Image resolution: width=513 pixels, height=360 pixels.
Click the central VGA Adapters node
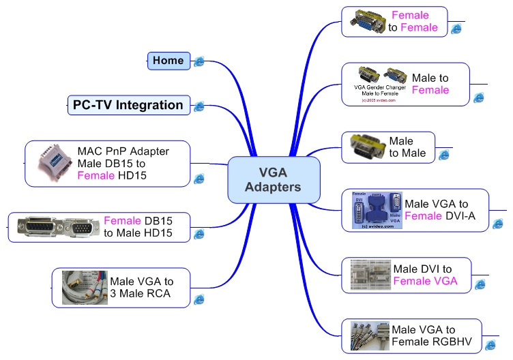point(273,180)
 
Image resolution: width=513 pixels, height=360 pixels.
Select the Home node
point(168,61)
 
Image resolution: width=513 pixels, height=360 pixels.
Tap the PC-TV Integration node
point(128,105)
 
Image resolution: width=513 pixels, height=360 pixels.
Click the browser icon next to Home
point(199,62)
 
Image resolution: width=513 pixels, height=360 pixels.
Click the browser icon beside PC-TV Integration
point(199,106)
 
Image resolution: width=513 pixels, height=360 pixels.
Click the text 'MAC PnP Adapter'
point(123,151)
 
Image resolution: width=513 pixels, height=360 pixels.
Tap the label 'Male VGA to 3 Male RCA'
point(141,288)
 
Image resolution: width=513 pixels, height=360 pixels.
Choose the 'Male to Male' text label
point(407,147)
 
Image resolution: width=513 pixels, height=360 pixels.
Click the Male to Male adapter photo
point(367,147)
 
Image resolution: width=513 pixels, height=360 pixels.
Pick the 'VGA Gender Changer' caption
point(380,88)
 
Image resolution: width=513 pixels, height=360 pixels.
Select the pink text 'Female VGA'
point(425,281)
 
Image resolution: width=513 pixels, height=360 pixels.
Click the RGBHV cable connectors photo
point(369,335)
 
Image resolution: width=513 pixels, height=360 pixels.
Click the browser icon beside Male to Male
point(444,155)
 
